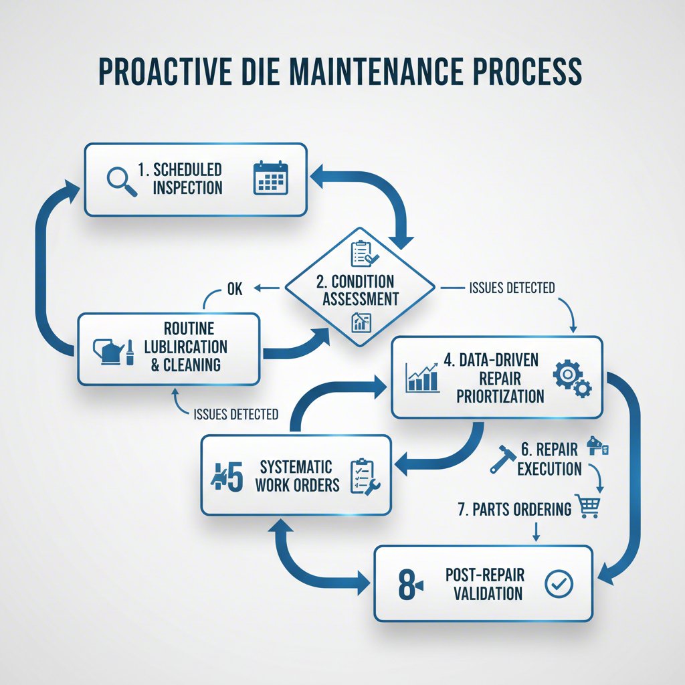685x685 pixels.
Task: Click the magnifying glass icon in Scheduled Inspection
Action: [x=122, y=181]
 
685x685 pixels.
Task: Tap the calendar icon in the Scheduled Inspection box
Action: [x=270, y=179]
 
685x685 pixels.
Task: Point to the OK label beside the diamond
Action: [x=234, y=289]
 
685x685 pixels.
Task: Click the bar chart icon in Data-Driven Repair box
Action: [x=423, y=377]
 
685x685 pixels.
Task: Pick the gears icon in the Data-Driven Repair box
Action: [x=572, y=378]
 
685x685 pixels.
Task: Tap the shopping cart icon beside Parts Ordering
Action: [x=589, y=507]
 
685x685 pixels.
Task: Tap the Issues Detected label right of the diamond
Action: [x=512, y=288]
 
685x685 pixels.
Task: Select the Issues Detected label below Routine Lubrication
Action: [x=235, y=415]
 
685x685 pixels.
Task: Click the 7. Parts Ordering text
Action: [x=514, y=509]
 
